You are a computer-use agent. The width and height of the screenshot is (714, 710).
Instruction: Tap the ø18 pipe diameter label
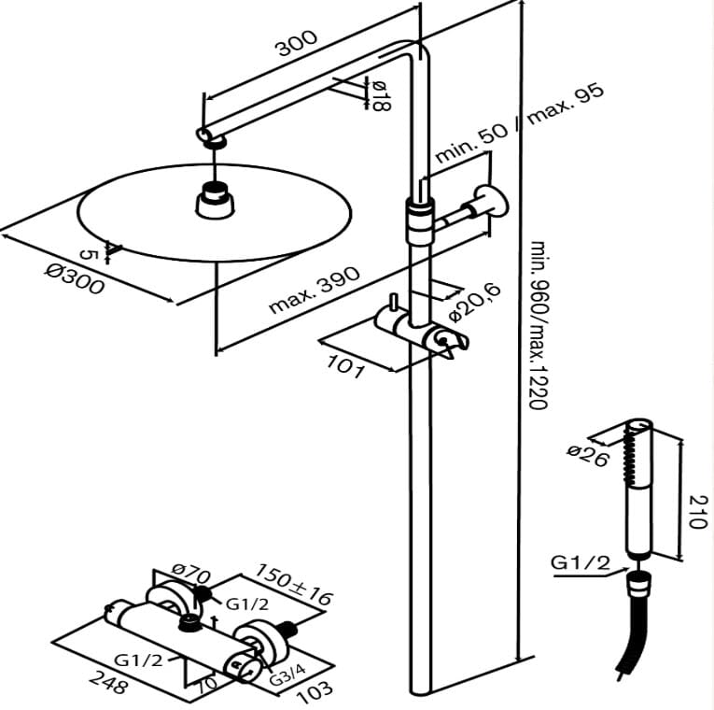coord(379,95)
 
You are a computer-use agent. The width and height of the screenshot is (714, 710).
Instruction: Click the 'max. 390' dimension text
coord(314,291)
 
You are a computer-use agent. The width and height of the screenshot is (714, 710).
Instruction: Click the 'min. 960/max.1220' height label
coord(539,323)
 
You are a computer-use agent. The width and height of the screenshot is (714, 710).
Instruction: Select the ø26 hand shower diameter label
coord(587,454)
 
